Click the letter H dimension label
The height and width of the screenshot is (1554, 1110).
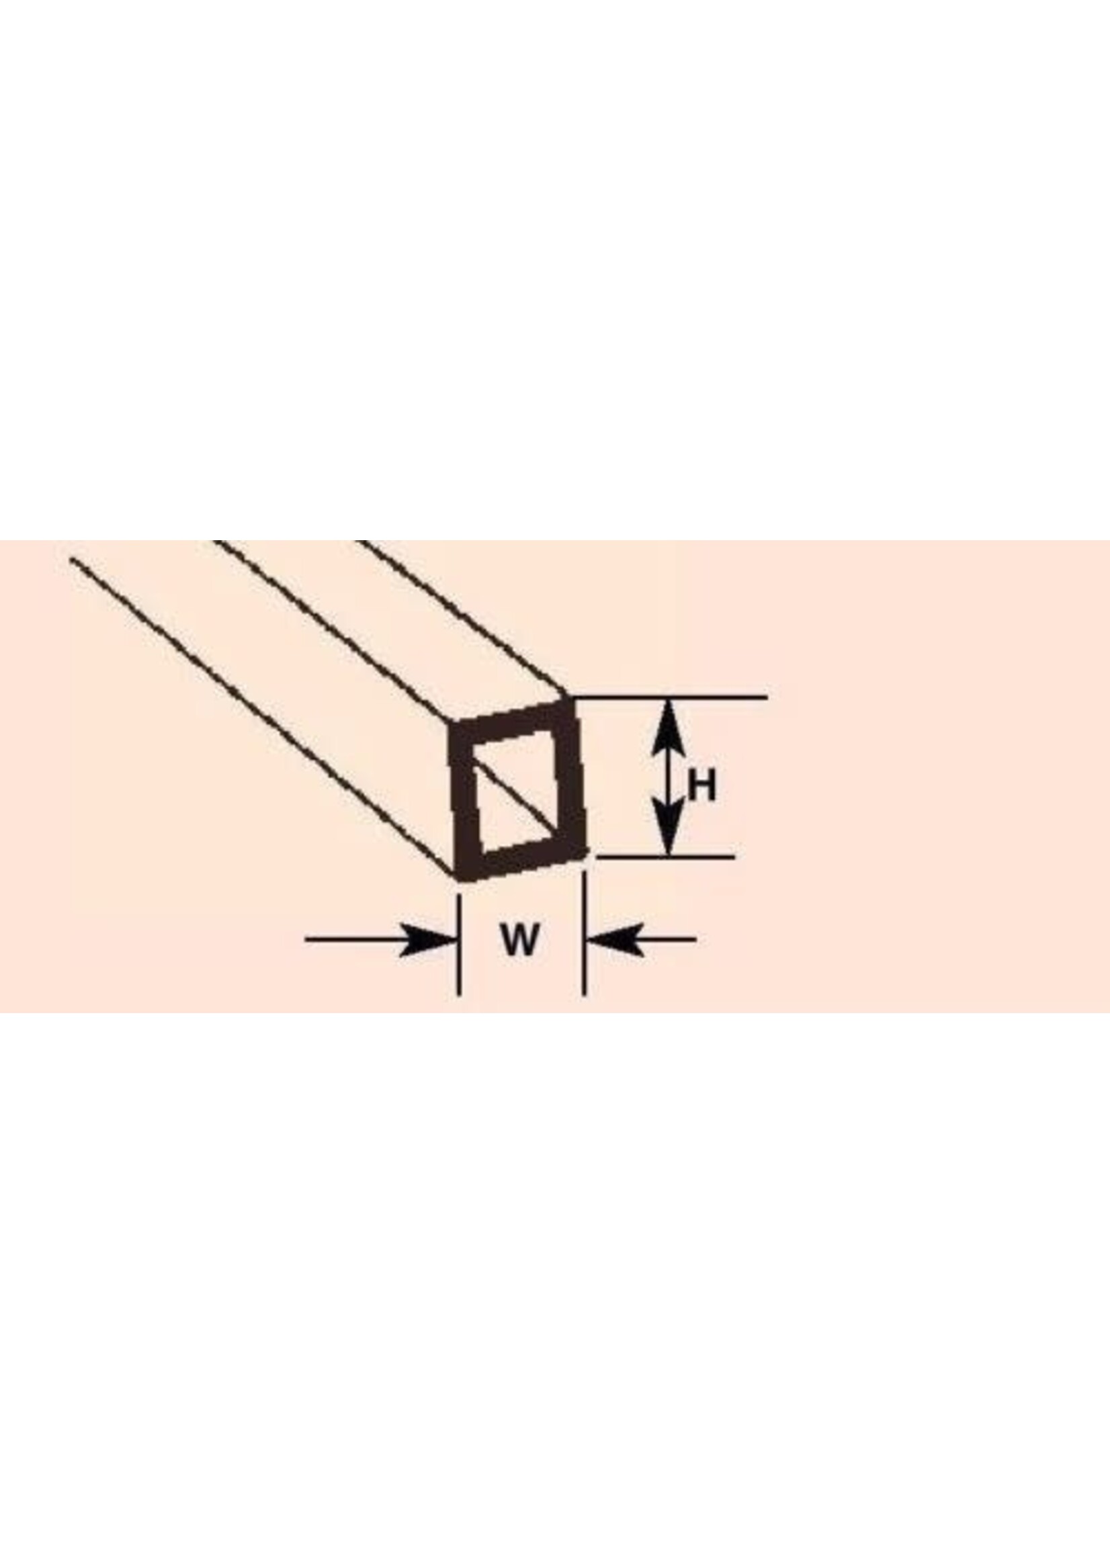point(702,787)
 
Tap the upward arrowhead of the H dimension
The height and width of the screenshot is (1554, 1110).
point(669,728)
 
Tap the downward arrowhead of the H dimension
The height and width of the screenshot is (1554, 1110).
point(669,828)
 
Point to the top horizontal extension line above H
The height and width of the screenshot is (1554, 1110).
point(670,698)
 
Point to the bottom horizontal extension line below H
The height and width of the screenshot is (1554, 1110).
point(665,856)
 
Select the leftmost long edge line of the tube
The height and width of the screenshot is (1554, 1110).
point(263,717)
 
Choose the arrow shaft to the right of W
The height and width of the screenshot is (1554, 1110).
point(667,940)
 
